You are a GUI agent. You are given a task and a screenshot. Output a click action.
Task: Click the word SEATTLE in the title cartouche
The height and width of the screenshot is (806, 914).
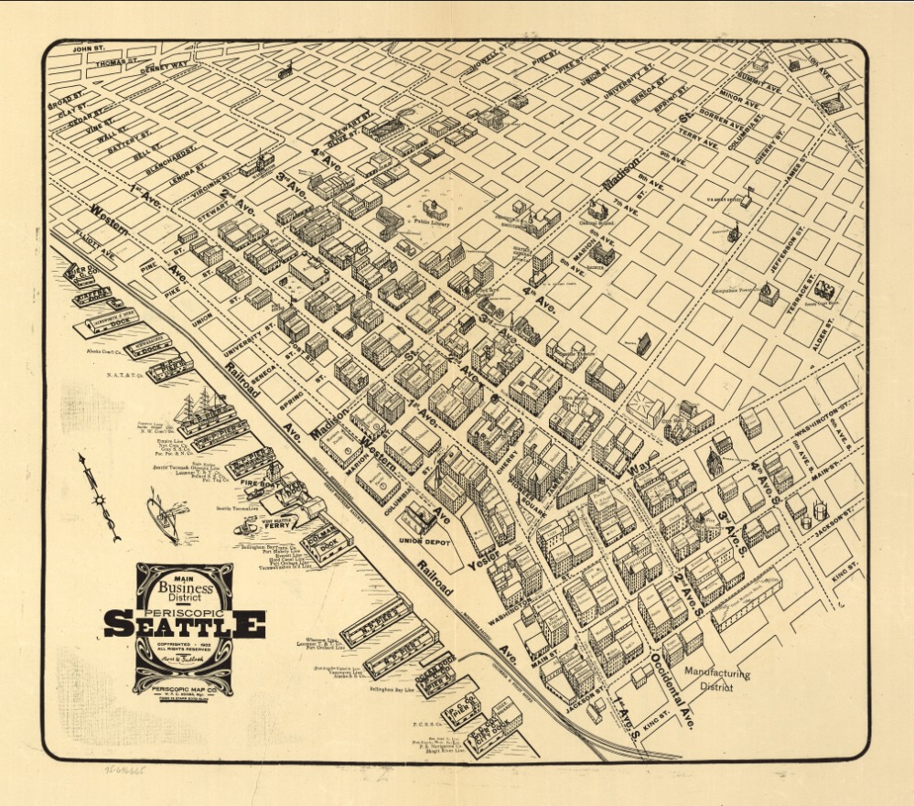(184, 625)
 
